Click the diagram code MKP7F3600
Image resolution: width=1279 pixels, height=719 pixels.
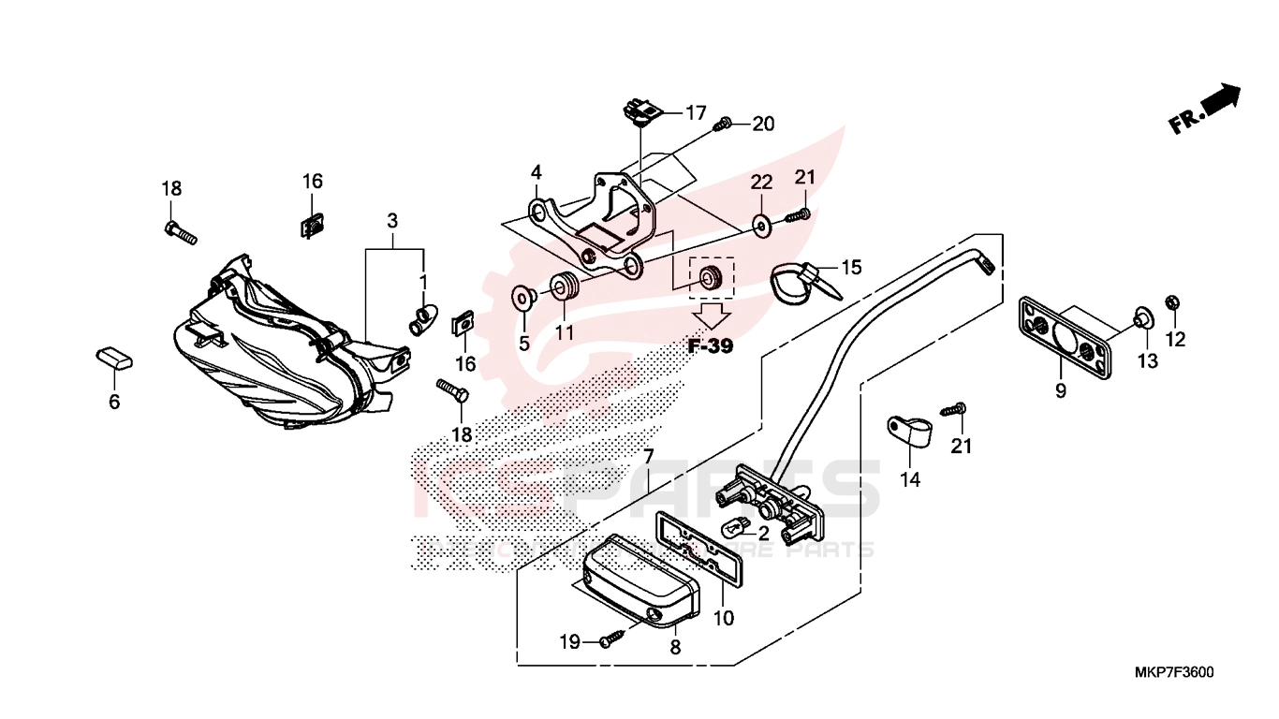(x=1173, y=672)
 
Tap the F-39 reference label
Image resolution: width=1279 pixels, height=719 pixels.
(x=711, y=346)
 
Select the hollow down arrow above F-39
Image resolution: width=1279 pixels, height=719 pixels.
(x=712, y=315)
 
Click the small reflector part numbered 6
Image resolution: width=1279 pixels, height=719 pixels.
(x=114, y=357)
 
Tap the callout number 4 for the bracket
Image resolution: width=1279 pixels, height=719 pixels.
(x=536, y=173)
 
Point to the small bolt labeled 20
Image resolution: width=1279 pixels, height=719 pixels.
(x=724, y=124)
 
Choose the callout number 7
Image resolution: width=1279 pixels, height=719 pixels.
(x=647, y=458)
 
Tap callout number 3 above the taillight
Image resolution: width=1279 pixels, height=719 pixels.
(x=392, y=222)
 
